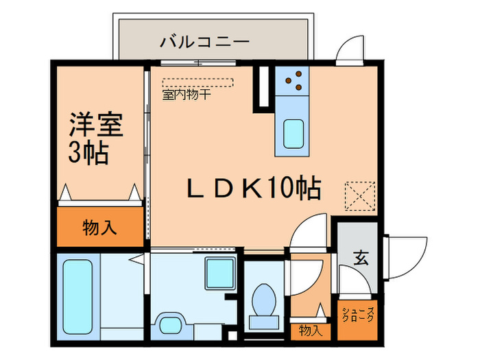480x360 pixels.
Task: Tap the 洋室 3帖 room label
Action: point(94,140)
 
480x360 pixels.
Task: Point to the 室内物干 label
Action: point(186,95)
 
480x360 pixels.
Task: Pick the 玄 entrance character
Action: point(359,258)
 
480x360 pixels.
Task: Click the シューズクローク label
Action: point(357,315)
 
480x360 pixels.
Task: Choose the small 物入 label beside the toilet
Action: point(310,331)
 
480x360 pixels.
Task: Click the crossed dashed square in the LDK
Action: point(360,195)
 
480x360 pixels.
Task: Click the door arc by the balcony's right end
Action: point(349,49)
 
